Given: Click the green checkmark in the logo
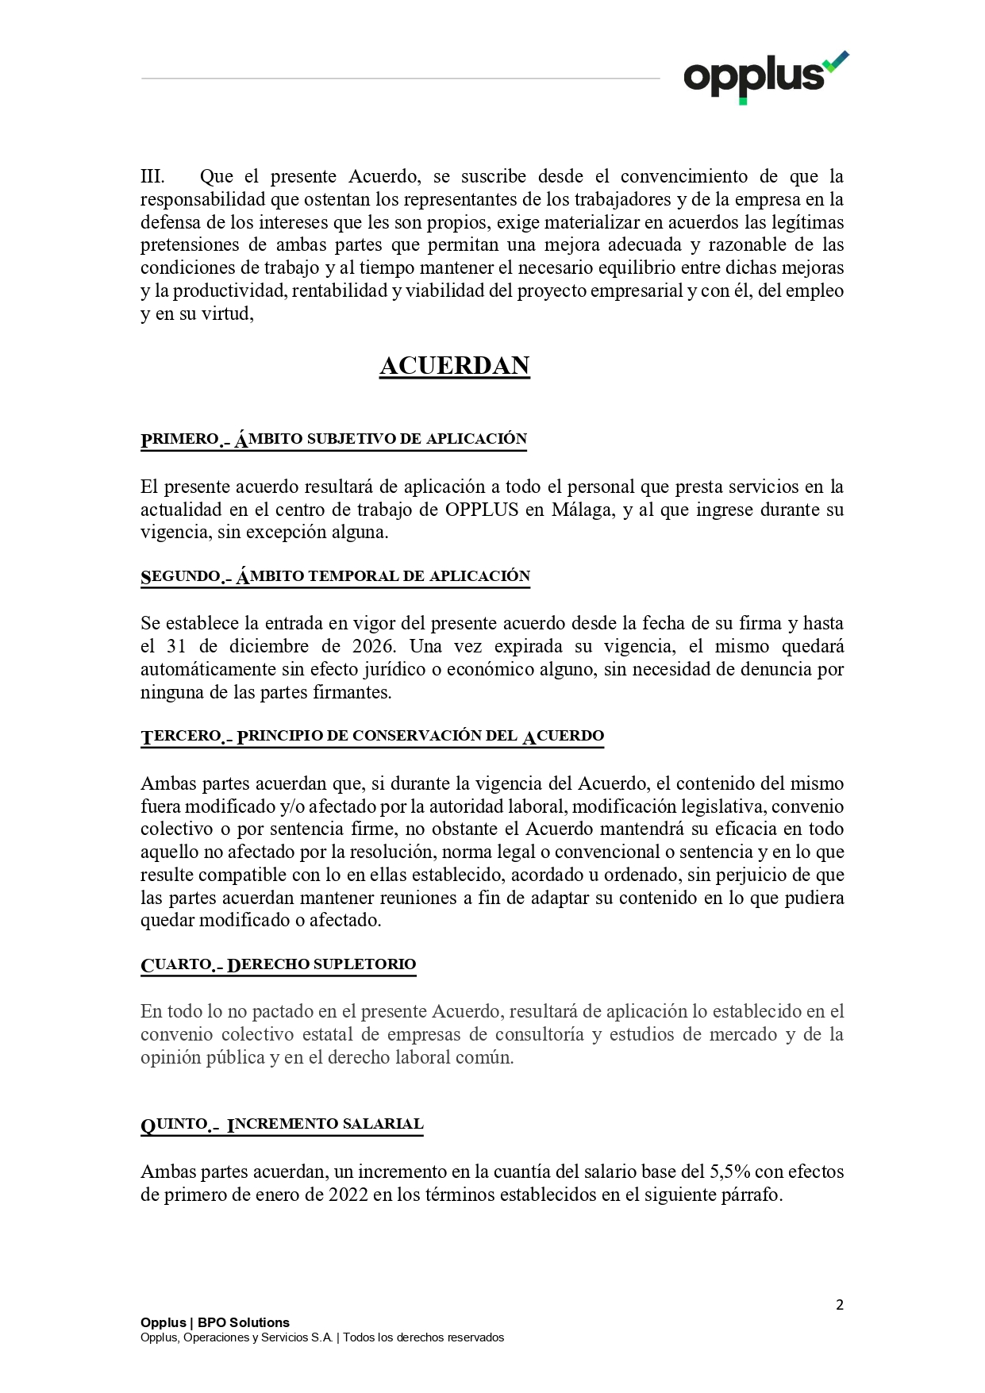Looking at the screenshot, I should (x=835, y=61).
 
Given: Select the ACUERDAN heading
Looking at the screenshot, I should (x=454, y=366).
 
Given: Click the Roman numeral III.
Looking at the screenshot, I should (x=152, y=176).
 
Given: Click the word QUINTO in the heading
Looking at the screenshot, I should (x=175, y=1124).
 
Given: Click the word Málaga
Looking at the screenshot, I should (x=583, y=510).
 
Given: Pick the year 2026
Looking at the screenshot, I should (x=372, y=646).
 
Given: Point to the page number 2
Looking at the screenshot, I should (x=839, y=1305).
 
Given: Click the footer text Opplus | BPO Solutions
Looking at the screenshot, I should (x=214, y=1322).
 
